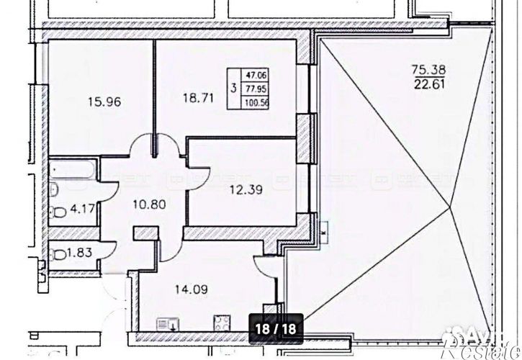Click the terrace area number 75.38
[x=428, y=70]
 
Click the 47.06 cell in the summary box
[x=254, y=74]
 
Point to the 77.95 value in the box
[x=254, y=88]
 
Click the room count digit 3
[x=232, y=89]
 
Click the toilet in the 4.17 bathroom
[x=58, y=213]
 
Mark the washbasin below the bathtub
[x=54, y=191]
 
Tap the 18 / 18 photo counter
[x=276, y=328]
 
